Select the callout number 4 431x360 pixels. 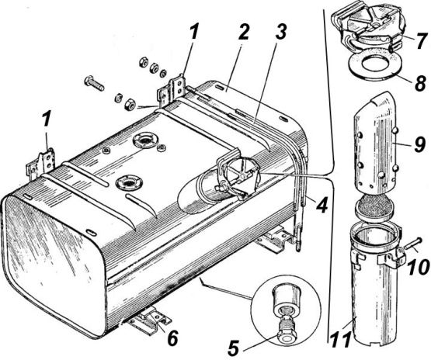(x=321, y=205)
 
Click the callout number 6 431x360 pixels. (x=172, y=338)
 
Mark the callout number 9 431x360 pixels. (x=419, y=144)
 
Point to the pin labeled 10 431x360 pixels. (x=413, y=243)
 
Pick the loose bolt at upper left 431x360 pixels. (x=94, y=84)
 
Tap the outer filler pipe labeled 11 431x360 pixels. (x=374, y=284)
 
